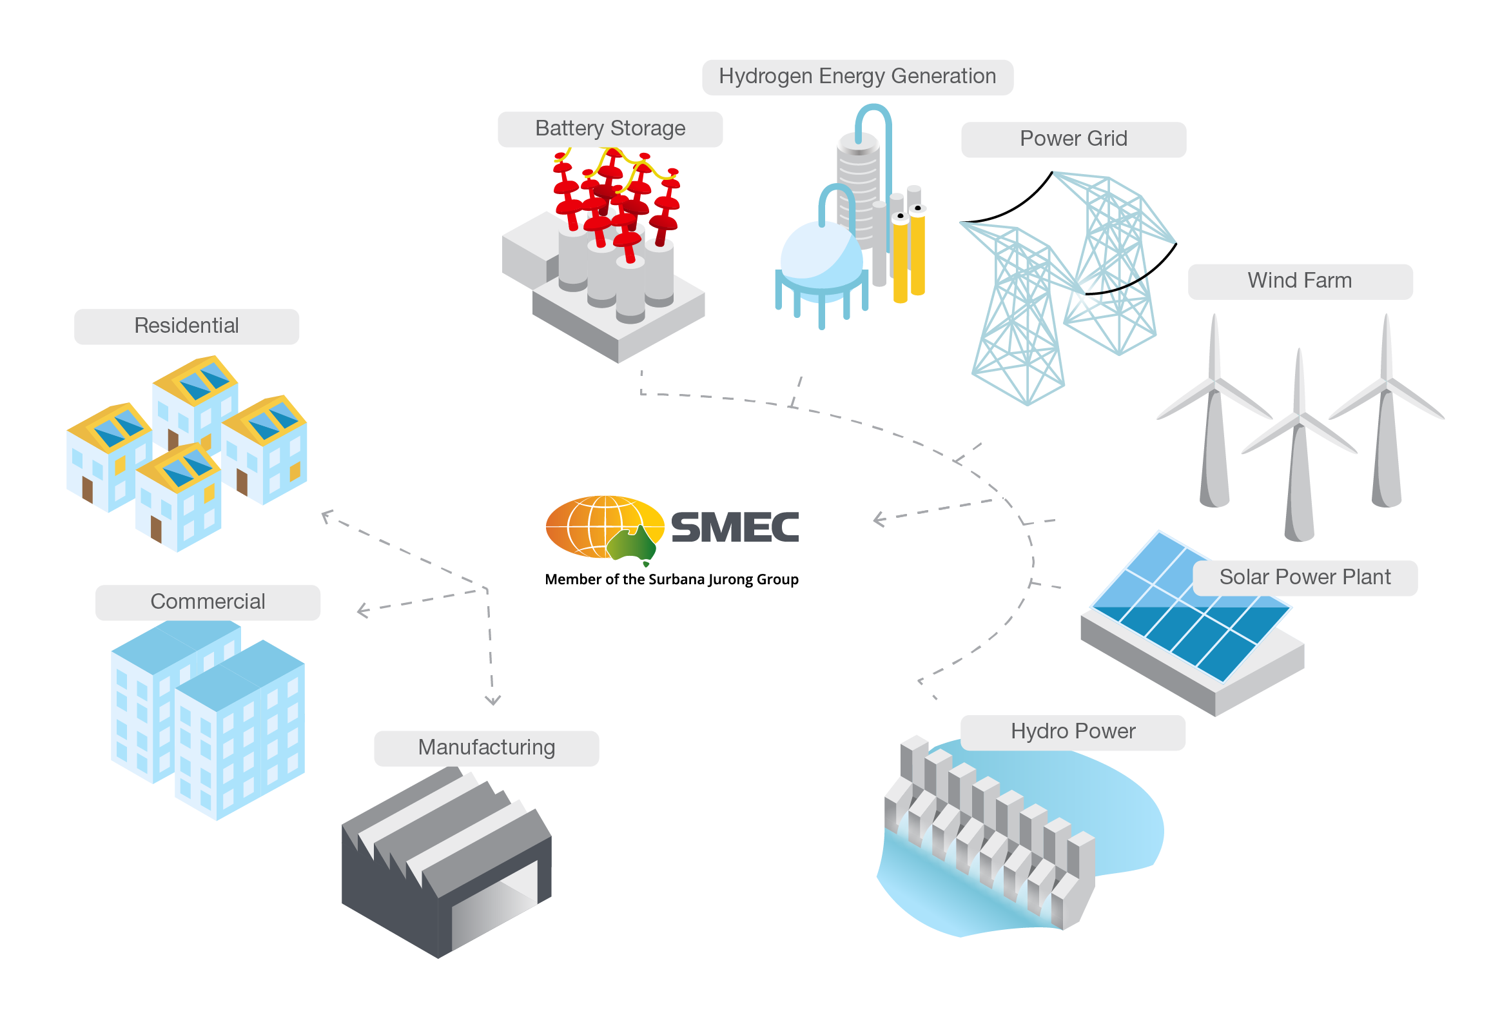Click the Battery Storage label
click(610, 129)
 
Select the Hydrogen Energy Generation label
click(857, 76)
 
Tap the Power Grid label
click(1073, 139)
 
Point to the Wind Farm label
click(1300, 281)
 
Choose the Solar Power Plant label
click(1305, 577)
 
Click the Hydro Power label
click(1072, 732)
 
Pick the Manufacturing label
click(486, 747)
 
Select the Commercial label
click(208, 602)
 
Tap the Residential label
click(186, 326)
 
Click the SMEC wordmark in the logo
click(734, 527)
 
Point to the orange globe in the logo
click(599, 526)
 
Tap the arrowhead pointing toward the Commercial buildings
click(362, 611)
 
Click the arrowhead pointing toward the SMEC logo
click(878, 518)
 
